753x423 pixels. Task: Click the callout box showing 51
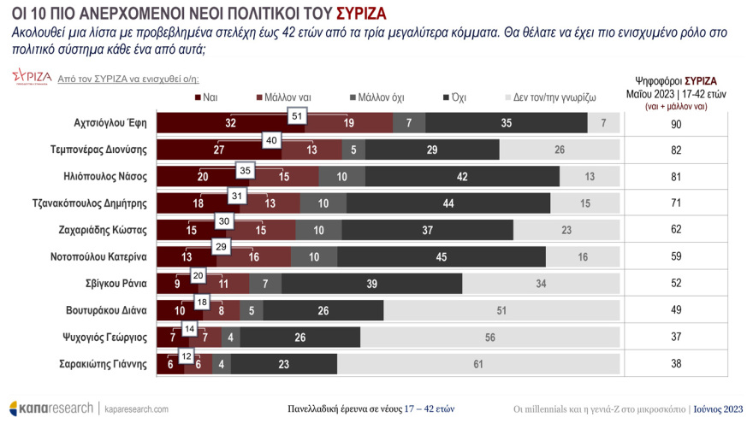298,115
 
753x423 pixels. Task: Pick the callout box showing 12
187,355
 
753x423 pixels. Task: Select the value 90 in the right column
677,123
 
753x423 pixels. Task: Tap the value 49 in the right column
677,310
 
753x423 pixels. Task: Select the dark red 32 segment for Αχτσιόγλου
231,123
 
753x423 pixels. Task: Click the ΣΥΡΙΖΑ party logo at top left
31,79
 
